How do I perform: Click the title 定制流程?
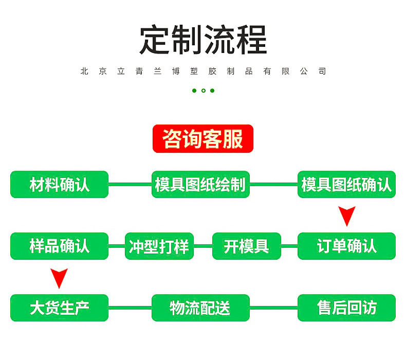coord(203,40)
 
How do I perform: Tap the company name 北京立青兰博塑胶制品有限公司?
coord(203,71)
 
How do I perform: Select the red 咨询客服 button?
coord(203,139)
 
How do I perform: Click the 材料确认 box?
coord(60,185)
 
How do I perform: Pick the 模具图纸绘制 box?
coord(200,185)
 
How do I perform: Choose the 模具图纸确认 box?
coord(346,185)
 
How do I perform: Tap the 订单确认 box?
coord(346,246)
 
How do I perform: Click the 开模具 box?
coord(247,246)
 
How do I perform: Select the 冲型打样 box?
coord(159,246)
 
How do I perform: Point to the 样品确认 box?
coord(60,246)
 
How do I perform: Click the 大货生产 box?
coord(60,308)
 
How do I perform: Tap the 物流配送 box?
coord(200,308)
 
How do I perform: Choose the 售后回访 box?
coord(346,308)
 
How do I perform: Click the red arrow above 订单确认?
coord(347,215)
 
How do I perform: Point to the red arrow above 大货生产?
coord(60,278)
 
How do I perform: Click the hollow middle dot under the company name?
coord(204,91)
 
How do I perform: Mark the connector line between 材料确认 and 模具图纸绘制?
coord(130,185)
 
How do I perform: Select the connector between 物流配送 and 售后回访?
coord(273,308)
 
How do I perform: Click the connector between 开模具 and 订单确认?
coord(289,246)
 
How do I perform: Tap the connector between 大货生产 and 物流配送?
coord(130,308)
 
